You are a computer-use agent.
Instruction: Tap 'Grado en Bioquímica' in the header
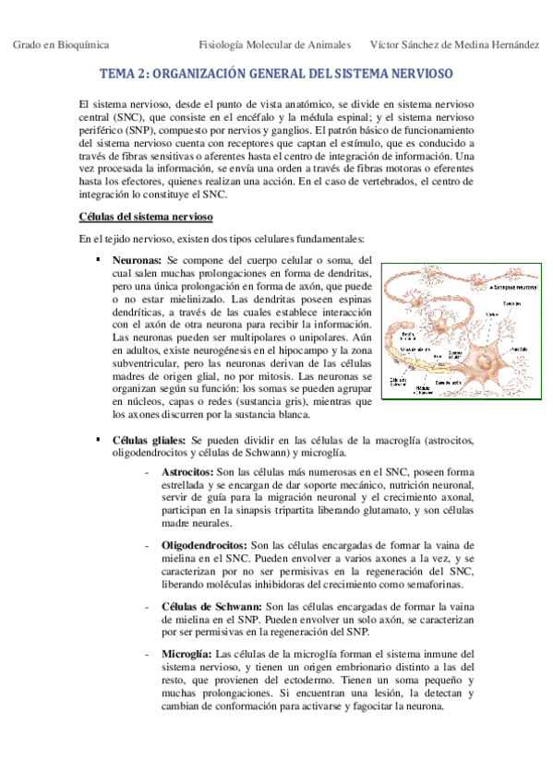60,43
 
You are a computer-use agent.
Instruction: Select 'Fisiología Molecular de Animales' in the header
275,43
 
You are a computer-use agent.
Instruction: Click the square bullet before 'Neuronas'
97,261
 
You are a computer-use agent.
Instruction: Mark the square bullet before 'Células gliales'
97,441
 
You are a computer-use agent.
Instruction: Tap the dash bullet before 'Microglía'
148,654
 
